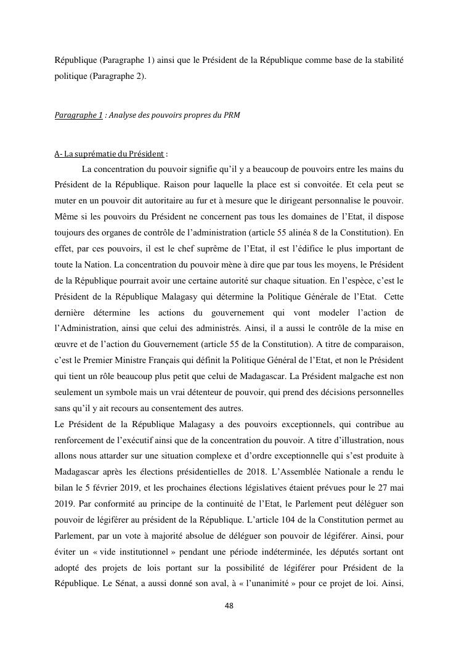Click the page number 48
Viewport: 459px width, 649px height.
[x=229, y=606]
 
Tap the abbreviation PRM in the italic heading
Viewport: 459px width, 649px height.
[x=232, y=115]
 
